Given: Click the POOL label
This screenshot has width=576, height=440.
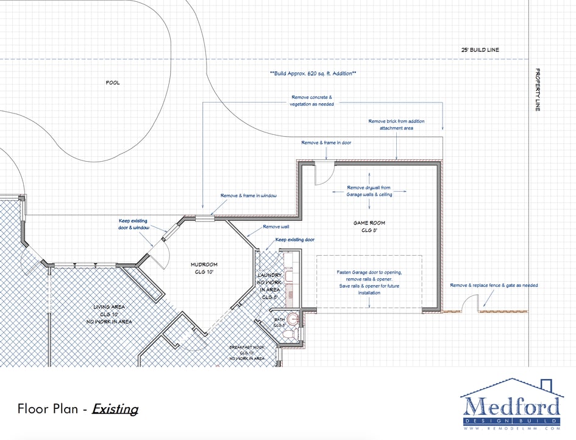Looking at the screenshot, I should (113, 82).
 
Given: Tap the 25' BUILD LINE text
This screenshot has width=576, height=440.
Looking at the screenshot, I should (480, 49).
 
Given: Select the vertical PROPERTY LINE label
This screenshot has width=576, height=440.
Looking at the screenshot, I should (538, 90).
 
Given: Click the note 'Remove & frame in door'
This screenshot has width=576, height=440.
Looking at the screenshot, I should (326, 143).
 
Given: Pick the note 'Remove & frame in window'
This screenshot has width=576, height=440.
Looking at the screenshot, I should (249, 196).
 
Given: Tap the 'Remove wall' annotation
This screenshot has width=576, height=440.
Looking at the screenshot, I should (272, 226).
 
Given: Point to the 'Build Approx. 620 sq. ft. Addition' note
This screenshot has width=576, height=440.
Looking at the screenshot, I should (313, 73).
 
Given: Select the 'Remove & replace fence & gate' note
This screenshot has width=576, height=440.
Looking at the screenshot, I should (494, 285).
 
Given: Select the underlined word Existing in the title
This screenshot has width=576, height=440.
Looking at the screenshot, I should (115, 409).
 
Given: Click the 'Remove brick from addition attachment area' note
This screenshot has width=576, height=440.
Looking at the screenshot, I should (396, 124).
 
